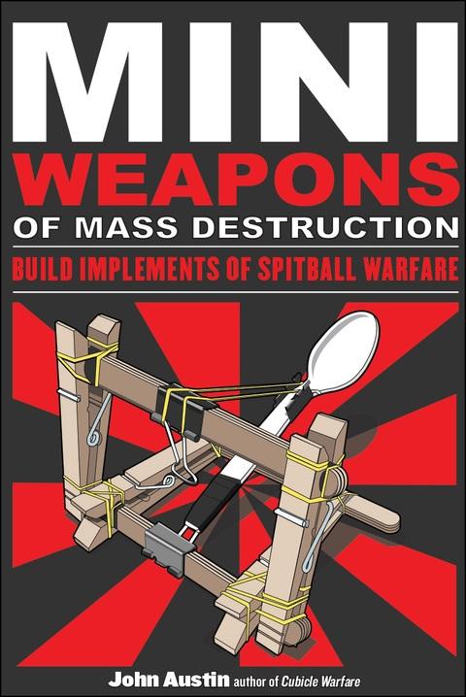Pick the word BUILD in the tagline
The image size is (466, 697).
click(42, 269)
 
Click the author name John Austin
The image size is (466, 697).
click(169, 680)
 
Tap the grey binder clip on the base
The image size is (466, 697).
click(168, 547)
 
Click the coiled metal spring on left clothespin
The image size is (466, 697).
click(99, 420)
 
